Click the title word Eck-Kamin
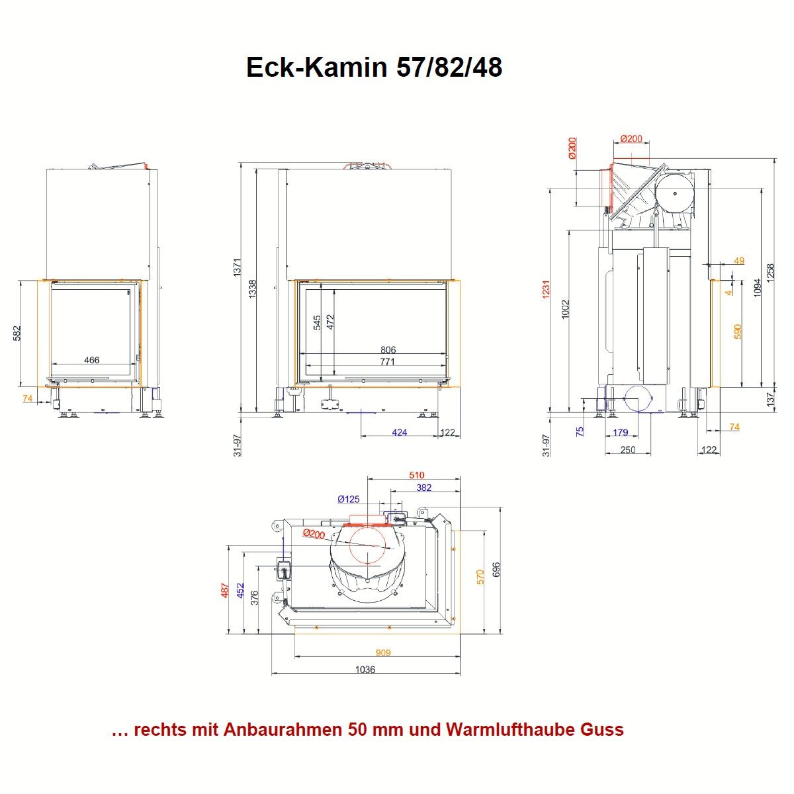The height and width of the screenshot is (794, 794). (x=316, y=67)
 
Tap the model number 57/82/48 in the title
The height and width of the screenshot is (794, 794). (x=449, y=67)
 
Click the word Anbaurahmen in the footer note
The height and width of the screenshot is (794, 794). (x=284, y=730)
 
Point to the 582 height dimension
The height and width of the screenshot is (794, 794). (x=17, y=333)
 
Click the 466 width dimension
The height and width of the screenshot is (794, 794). (x=91, y=360)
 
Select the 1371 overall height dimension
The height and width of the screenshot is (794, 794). (x=238, y=267)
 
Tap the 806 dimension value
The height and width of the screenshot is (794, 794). (x=388, y=350)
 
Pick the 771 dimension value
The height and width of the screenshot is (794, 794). (x=387, y=362)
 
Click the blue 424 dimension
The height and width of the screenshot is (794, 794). (x=399, y=432)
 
